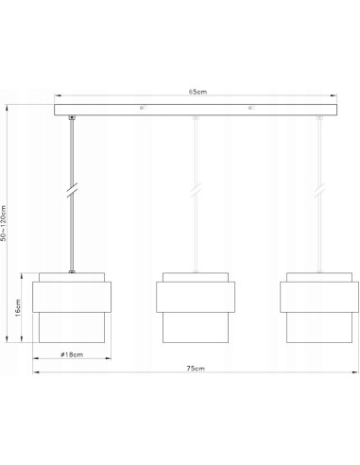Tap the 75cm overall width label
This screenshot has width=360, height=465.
195,368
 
